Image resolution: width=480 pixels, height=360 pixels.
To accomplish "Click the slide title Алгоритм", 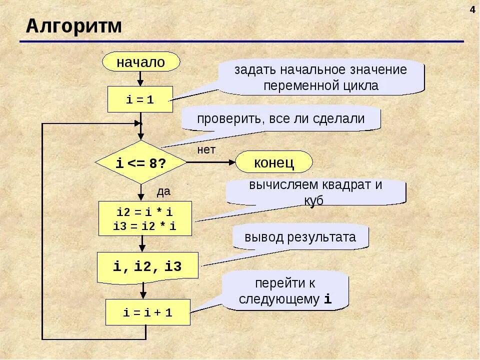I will point(74,25).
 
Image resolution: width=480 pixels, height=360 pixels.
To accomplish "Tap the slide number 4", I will point(472,10).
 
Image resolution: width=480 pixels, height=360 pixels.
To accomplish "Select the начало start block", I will point(140,62).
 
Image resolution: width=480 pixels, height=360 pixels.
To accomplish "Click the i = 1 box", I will point(140,99).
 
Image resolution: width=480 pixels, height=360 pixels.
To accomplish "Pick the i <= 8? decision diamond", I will point(141,162).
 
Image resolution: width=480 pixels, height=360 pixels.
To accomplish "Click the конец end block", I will point(274,162).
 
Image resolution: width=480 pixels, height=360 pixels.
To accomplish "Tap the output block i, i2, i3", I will point(147,266).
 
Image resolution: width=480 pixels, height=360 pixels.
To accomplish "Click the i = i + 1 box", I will point(148,312).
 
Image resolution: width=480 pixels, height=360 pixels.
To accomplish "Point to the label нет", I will point(206,149).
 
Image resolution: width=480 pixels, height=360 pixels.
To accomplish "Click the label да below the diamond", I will point(164,191).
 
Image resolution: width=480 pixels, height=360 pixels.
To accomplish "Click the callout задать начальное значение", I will point(321,77).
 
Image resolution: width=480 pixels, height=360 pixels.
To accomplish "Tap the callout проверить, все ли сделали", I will point(280,119).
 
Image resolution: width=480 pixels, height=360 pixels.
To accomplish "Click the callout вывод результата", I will point(300,237).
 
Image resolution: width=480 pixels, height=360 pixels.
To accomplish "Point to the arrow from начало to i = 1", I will point(140,78).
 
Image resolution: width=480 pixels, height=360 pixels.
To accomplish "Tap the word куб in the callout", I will point(313,200).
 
